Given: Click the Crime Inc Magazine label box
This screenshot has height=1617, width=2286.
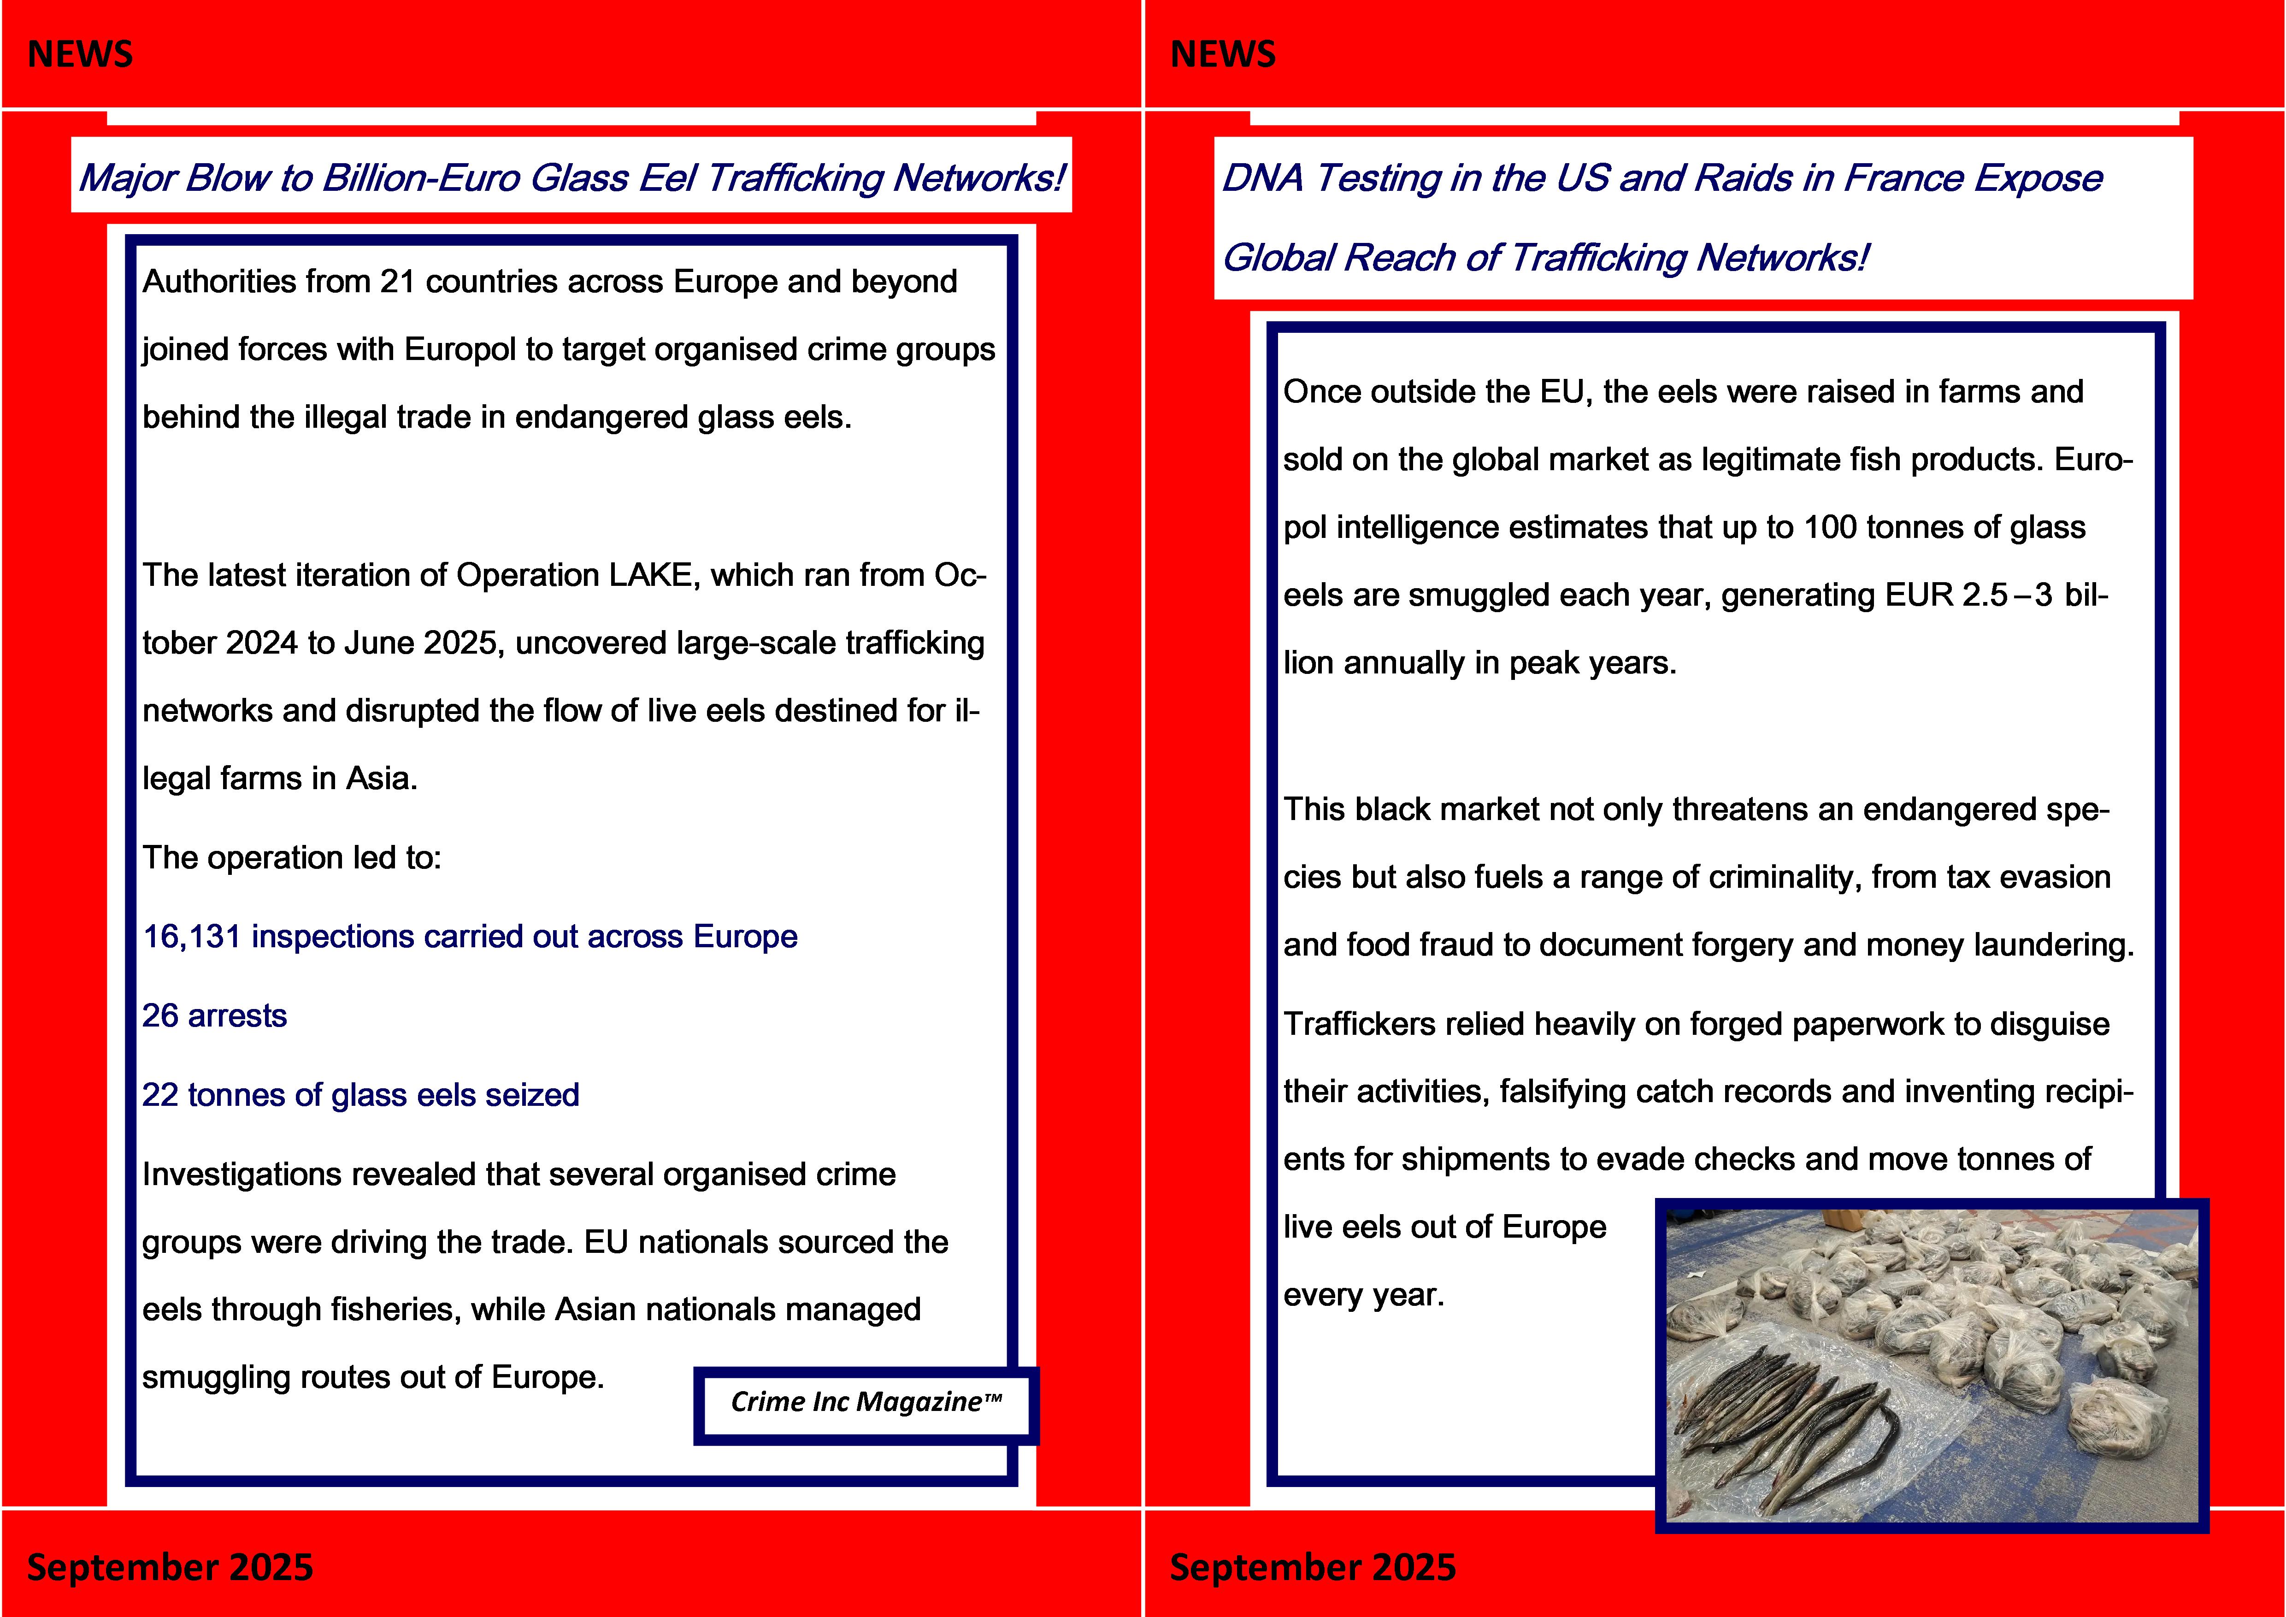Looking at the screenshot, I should point(865,1403).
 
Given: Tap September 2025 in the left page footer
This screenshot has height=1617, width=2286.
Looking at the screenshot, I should point(169,1567).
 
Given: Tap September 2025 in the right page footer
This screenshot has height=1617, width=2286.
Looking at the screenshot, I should point(1312,1567).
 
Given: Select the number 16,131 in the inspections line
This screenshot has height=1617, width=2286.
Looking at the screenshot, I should point(191,937).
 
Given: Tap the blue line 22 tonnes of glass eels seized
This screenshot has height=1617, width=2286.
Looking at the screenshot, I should point(360,1095).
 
